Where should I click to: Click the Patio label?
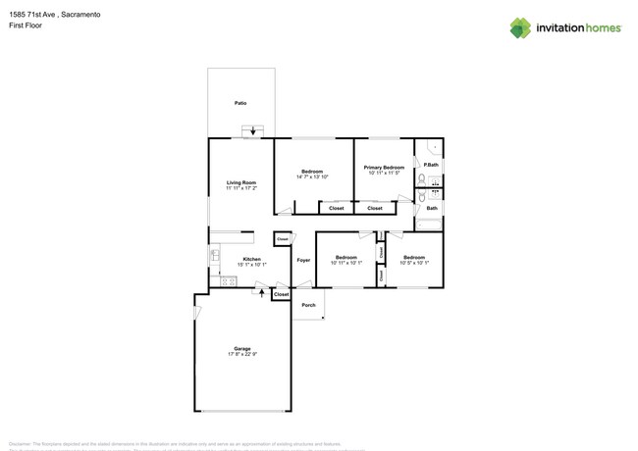(x=240, y=102)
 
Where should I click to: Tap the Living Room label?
(x=241, y=182)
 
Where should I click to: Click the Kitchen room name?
(x=252, y=259)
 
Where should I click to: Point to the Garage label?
(x=241, y=348)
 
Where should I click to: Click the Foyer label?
(x=303, y=260)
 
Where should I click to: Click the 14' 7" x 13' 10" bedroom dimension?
(x=313, y=176)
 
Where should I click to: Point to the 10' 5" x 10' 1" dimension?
(x=414, y=263)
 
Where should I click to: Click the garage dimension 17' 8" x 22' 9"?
(x=241, y=354)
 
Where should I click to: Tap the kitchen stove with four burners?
(x=215, y=270)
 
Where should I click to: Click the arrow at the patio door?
(x=254, y=130)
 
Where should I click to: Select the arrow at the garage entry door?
(x=261, y=290)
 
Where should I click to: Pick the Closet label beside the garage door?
(x=282, y=294)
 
